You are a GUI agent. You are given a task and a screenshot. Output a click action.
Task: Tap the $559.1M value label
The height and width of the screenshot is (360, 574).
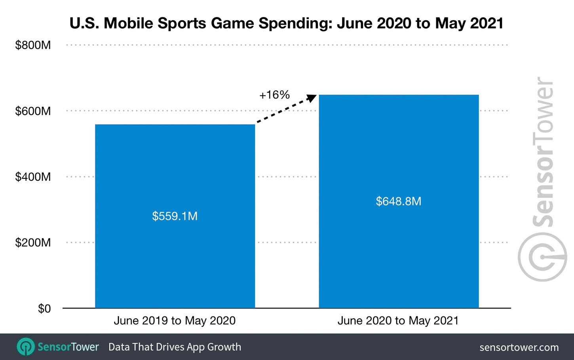point(175,216)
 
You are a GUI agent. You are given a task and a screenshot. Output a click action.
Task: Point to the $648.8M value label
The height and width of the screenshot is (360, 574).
point(399,201)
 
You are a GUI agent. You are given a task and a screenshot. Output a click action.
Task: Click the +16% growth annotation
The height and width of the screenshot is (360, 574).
point(274,95)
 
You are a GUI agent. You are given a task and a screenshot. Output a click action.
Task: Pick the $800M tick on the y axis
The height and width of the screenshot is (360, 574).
point(33,45)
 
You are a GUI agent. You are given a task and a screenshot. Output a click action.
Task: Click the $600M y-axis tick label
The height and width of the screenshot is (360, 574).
point(33,111)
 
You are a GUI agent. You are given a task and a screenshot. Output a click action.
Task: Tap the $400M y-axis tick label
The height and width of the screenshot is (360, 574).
point(33,177)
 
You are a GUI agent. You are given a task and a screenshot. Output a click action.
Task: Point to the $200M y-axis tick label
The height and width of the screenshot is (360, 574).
point(33,243)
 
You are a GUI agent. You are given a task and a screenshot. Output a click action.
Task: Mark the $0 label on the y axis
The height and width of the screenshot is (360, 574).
point(44,309)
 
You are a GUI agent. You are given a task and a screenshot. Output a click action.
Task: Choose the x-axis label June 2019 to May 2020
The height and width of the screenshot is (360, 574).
point(175,320)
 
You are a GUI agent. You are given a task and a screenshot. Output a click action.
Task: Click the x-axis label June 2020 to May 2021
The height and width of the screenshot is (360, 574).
point(398,320)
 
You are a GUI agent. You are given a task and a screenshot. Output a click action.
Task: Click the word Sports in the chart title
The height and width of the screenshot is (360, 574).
point(182,23)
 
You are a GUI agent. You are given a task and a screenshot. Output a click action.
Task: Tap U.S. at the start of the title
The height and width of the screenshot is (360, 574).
point(84,23)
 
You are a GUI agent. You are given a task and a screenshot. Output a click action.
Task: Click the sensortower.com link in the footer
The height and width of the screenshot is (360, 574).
point(519,347)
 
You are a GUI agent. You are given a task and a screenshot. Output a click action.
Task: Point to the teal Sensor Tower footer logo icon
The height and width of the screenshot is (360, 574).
point(25,347)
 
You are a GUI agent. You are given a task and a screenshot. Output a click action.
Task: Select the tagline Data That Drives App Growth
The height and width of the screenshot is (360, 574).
point(175,347)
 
